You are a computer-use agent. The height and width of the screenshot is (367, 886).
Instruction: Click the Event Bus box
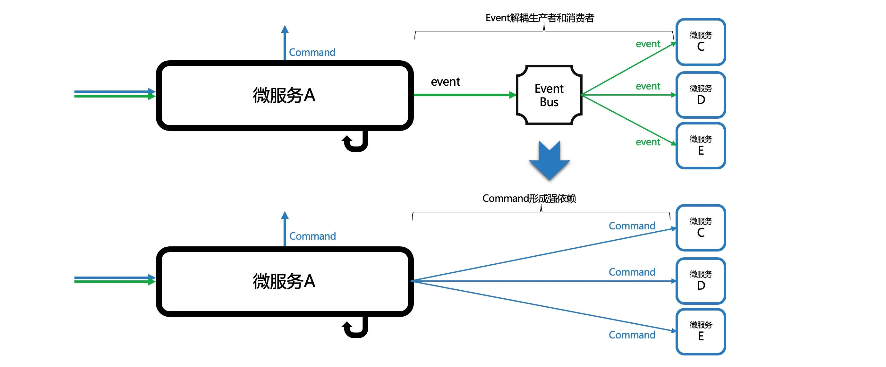(549, 95)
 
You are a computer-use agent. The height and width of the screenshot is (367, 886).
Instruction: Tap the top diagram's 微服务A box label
(284, 95)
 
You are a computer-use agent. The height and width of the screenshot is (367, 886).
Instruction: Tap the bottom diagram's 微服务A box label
(284, 281)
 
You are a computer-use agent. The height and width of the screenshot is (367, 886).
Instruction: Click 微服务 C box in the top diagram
(701, 42)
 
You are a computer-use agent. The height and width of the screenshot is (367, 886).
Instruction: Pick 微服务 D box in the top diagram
(701, 95)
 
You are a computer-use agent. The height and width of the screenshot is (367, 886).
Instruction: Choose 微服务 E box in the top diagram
(701, 146)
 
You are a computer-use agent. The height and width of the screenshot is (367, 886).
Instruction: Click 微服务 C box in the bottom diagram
(701, 228)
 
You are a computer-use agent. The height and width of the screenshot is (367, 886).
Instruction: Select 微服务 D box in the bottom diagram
(701, 281)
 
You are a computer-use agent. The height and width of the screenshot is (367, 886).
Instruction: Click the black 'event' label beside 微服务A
(446, 82)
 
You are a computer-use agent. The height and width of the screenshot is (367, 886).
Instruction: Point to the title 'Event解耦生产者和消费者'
(540, 18)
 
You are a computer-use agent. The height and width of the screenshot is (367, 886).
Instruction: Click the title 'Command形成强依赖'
(529, 199)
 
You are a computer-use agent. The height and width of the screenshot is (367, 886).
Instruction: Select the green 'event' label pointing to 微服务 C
(648, 44)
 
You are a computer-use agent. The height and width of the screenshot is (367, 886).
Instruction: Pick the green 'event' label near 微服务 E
(648, 142)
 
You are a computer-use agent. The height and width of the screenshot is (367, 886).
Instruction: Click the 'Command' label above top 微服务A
(312, 52)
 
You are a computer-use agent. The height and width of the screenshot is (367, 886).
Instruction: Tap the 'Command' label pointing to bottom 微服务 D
(632, 272)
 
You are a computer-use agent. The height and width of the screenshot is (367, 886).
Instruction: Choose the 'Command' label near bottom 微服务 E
(632, 335)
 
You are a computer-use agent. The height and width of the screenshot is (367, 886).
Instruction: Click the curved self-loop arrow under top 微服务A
(356, 142)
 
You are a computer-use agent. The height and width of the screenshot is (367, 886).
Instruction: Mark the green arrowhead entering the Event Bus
(513, 95)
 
